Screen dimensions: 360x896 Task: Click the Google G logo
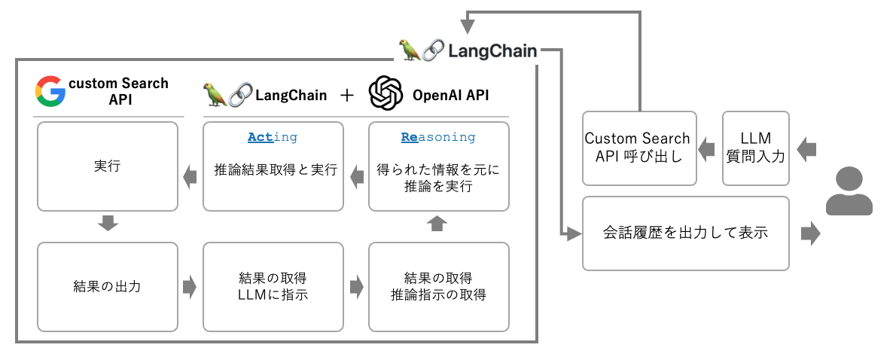pyautogui.click(x=50, y=90)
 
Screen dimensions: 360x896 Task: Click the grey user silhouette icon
pyautogui.click(x=849, y=193)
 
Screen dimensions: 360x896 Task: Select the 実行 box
pyautogui.click(x=108, y=166)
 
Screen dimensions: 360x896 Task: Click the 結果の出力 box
pyautogui.click(x=108, y=286)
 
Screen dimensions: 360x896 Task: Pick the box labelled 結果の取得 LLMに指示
pyautogui.click(x=273, y=286)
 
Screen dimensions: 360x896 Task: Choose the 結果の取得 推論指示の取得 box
pyautogui.click(x=438, y=286)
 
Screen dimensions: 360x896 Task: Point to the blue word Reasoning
pyautogui.click(x=438, y=137)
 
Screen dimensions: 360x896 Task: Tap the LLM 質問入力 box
pyautogui.click(x=755, y=148)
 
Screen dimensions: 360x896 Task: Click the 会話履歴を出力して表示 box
pyautogui.click(x=685, y=233)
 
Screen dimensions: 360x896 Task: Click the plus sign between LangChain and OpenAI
pyautogui.click(x=346, y=95)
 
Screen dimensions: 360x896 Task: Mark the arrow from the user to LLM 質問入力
pyautogui.click(x=806, y=148)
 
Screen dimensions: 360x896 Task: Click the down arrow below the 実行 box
pyautogui.click(x=108, y=223)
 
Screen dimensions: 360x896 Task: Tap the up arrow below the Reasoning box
pyautogui.click(x=437, y=224)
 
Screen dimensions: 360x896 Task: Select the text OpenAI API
pyautogui.click(x=450, y=95)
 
